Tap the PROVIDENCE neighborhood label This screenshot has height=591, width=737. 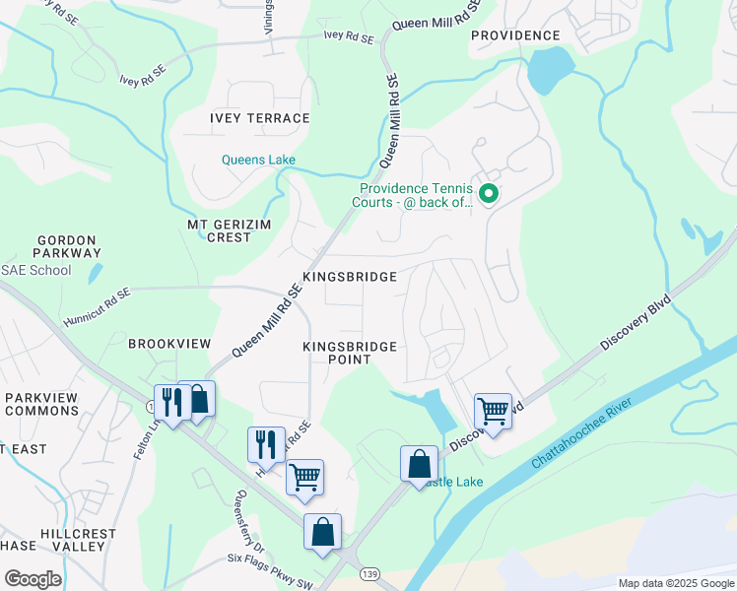(514, 35)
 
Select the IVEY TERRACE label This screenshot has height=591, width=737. (259, 118)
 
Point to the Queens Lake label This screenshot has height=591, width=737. (258, 160)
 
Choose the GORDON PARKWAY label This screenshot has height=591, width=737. (66, 247)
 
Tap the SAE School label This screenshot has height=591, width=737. (36, 271)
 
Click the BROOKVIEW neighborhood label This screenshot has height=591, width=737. (169, 343)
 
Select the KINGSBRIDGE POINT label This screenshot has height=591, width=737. (349, 353)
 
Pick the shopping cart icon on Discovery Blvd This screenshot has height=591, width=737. (492, 411)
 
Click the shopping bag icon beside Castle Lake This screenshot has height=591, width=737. (419, 464)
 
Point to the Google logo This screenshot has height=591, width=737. (33, 579)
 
